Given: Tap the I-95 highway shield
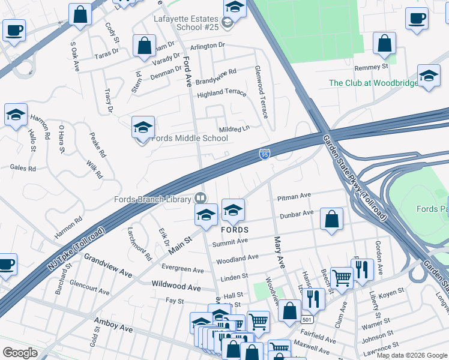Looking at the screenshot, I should click(265, 155).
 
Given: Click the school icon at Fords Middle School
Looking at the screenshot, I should click(143, 128).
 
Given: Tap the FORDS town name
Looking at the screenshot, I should click(235, 230).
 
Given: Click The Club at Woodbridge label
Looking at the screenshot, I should click(373, 83).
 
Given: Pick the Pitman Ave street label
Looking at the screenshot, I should click(294, 196).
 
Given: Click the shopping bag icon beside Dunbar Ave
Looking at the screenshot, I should click(331, 220).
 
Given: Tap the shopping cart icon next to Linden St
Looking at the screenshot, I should click(342, 278).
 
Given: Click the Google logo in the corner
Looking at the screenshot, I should click(20, 353).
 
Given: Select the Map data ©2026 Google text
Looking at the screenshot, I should click(411, 355).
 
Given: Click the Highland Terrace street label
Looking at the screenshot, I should click(221, 93).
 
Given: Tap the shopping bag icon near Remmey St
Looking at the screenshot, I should click(384, 44).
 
